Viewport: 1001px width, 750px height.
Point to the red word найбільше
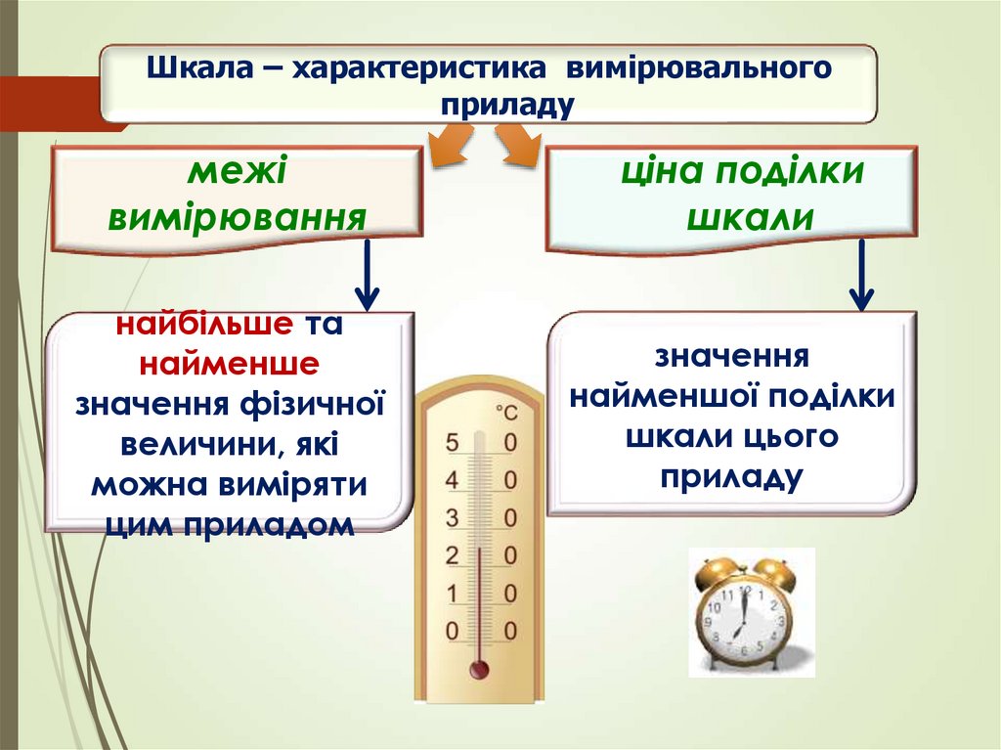click(x=203, y=325)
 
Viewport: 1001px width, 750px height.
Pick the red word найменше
click(x=229, y=365)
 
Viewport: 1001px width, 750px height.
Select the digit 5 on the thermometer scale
click(x=452, y=443)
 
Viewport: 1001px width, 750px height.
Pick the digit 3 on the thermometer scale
click(x=452, y=518)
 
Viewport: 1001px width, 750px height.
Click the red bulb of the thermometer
click(x=479, y=670)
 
